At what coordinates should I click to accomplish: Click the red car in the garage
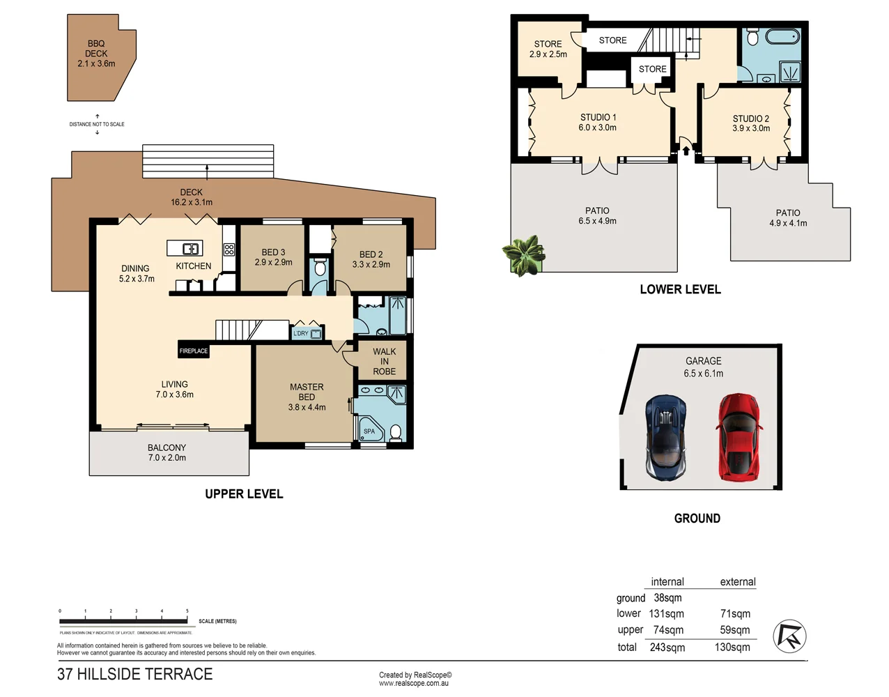click(737, 437)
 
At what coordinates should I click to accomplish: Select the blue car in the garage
click(666, 437)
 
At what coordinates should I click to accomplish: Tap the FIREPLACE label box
click(194, 351)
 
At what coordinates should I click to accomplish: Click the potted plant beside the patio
click(523, 255)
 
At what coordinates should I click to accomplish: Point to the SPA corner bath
click(370, 429)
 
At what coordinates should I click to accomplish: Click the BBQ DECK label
click(96, 54)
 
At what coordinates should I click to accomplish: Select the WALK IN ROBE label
click(384, 362)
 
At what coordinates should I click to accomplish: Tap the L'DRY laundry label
click(301, 334)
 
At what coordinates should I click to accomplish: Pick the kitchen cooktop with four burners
click(229, 250)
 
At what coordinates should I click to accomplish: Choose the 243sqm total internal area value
click(667, 648)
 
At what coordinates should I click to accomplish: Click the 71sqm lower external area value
click(735, 614)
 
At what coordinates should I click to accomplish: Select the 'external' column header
click(737, 582)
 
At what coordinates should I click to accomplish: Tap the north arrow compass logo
click(789, 636)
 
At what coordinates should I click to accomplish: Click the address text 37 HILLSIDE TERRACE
click(134, 674)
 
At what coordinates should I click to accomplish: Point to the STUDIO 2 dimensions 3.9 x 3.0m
click(751, 128)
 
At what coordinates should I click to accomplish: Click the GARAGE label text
click(703, 361)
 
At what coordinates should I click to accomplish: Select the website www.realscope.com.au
click(413, 684)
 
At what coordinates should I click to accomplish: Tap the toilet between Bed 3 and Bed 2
click(320, 268)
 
